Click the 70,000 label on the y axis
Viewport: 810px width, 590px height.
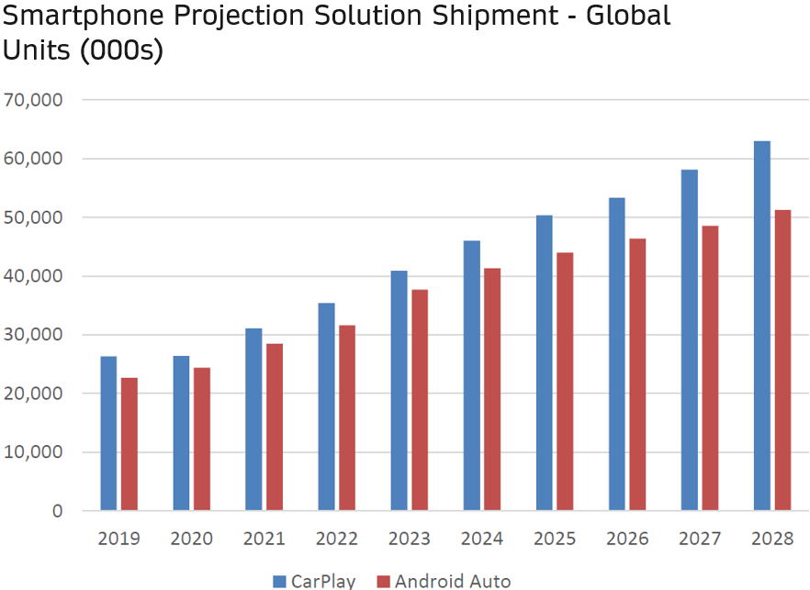[x=33, y=99]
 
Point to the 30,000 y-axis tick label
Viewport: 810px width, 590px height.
[x=33, y=334]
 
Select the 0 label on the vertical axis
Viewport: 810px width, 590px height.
[x=57, y=510]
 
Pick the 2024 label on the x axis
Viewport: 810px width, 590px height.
[x=482, y=539]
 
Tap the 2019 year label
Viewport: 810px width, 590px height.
[x=119, y=539]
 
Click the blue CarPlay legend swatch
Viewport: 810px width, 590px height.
[x=279, y=581]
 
